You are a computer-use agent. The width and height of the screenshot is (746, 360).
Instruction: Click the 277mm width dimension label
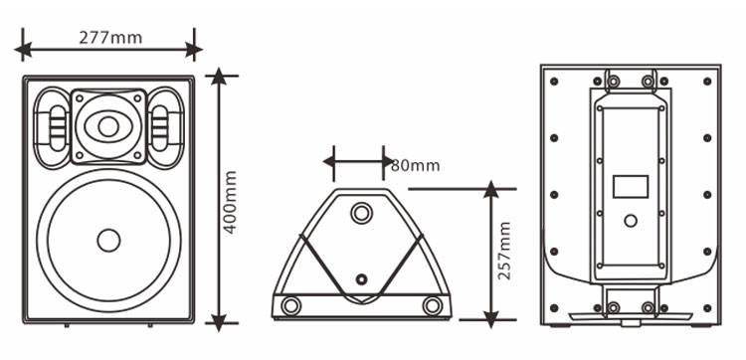click(x=110, y=38)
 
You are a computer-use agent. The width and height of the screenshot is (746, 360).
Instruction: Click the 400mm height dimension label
click(x=230, y=202)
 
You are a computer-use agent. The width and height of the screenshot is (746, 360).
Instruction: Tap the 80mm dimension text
click(x=416, y=165)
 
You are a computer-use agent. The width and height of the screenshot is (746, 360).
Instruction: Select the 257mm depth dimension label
click(x=503, y=251)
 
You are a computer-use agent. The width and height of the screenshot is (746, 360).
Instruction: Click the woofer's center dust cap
click(x=108, y=240)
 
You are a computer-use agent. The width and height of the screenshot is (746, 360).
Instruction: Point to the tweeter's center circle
click(x=108, y=126)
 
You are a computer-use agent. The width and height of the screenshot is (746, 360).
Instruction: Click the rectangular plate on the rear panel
click(x=631, y=186)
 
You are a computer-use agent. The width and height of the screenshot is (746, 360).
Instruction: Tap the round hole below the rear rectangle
click(x=631, y=221)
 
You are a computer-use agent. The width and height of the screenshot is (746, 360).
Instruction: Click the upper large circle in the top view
click(x=362, y=213)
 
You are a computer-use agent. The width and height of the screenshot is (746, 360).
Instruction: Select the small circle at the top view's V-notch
click(x=362, y=279)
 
